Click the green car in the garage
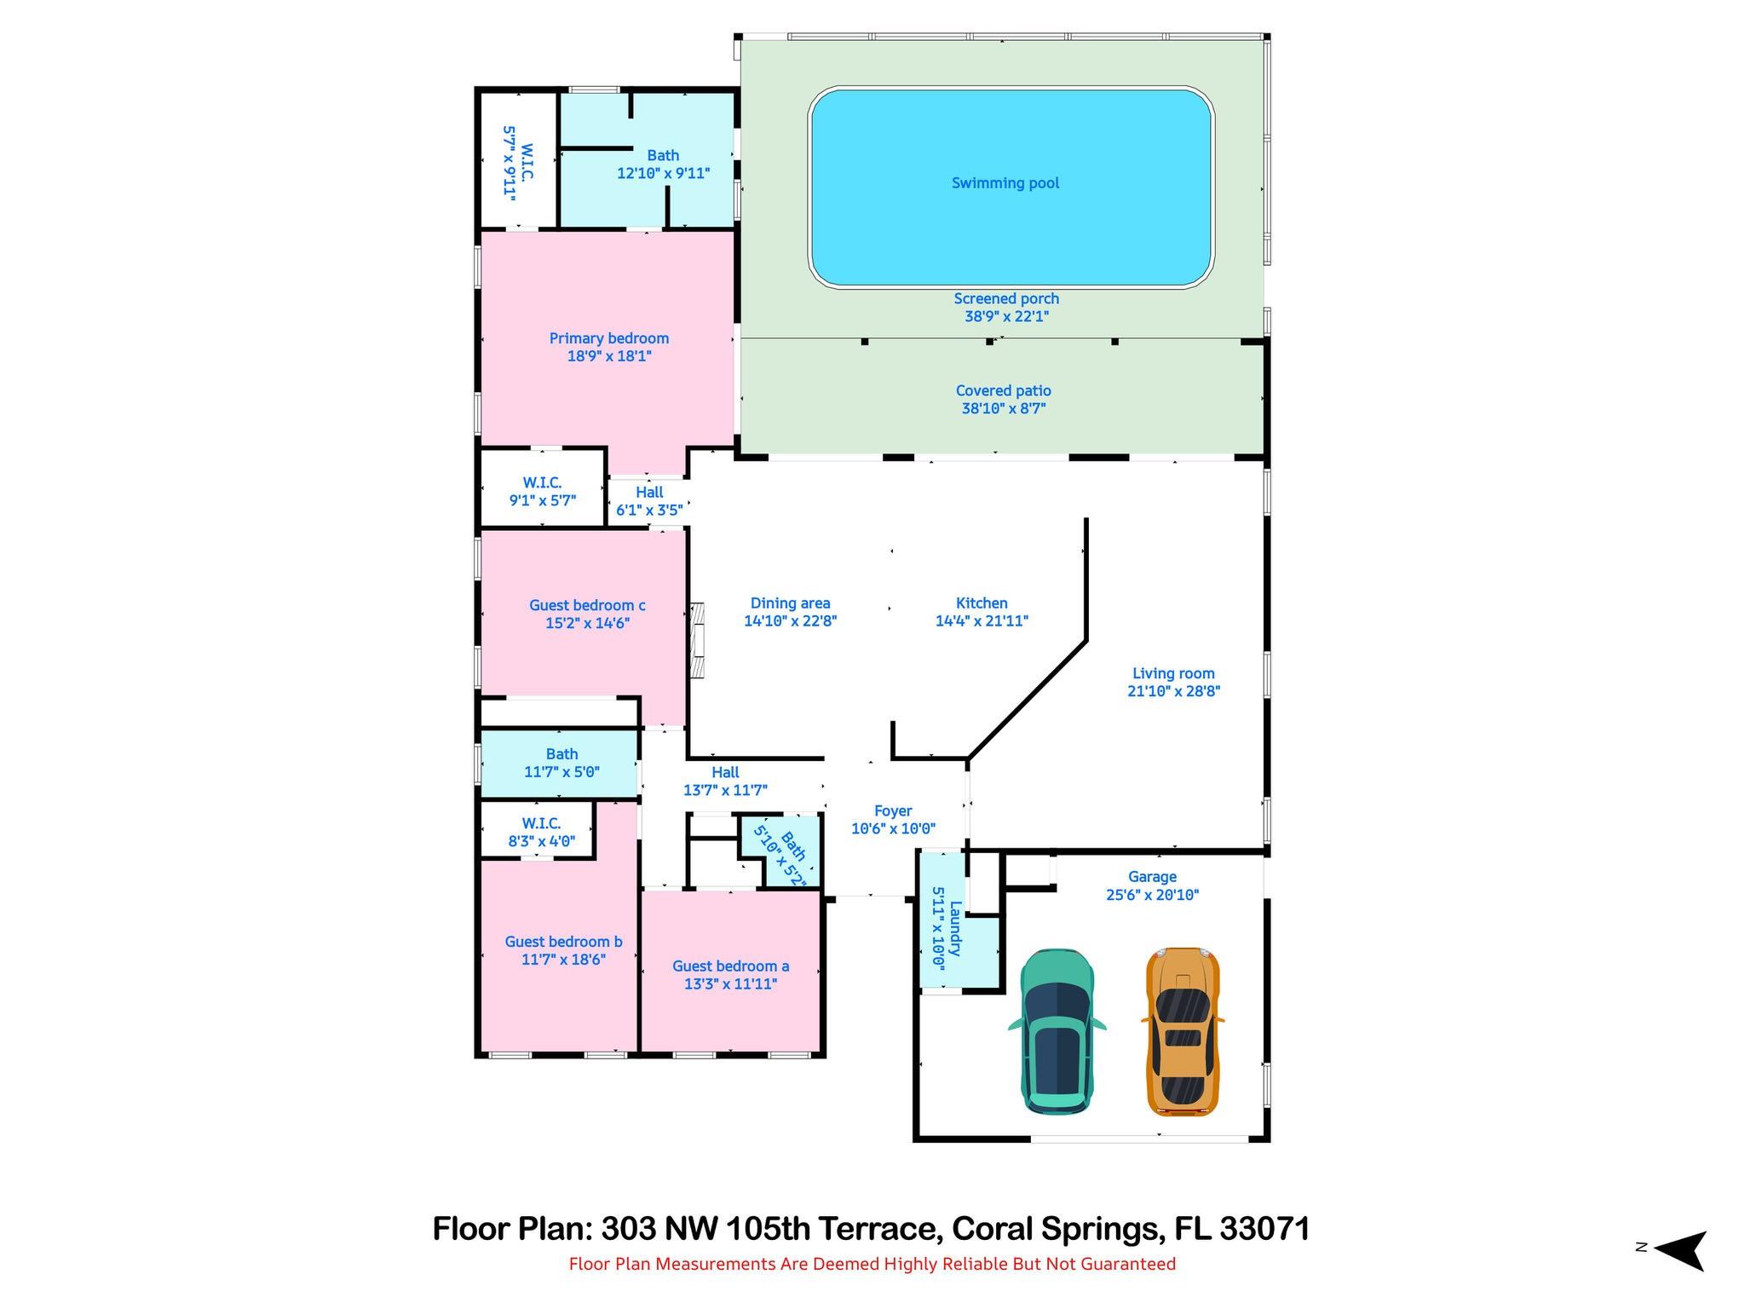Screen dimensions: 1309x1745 1057,1031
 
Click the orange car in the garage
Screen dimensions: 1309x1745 1183,1031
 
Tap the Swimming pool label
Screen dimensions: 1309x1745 1005,183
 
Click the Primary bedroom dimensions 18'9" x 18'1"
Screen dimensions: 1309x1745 609,356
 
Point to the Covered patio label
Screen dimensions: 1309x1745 1003,391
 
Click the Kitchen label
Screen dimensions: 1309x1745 982,603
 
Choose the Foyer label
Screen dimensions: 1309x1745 893,811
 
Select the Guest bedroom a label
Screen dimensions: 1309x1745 730,966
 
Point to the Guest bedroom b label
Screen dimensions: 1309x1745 563,942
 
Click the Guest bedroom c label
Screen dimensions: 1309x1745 587,606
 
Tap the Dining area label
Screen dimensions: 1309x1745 790,603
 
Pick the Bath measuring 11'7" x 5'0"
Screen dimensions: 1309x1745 562,764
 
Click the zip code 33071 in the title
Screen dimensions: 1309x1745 1264,1229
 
